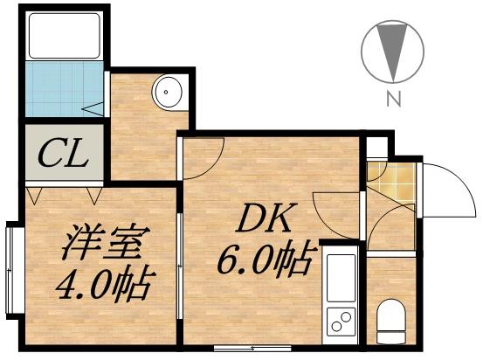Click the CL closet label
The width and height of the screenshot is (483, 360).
click(x=64, y=156)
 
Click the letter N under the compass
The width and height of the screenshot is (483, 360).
click(x=394, y=100)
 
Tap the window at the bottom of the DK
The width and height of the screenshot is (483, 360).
click(x=241, y=348)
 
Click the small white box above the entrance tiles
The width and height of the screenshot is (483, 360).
click(x=375, y=148)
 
